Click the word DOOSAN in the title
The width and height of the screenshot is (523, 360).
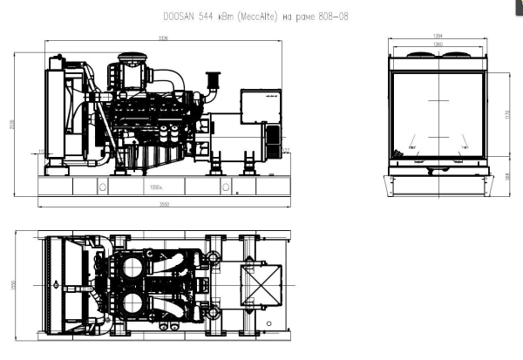coord(180,17)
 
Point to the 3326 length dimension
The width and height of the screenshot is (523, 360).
coord(163,38)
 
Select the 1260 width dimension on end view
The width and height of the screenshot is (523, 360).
coord(438,44)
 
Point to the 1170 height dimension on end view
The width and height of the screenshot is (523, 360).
coord(506,114)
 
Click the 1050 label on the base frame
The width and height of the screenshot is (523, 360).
coord(158,187)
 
